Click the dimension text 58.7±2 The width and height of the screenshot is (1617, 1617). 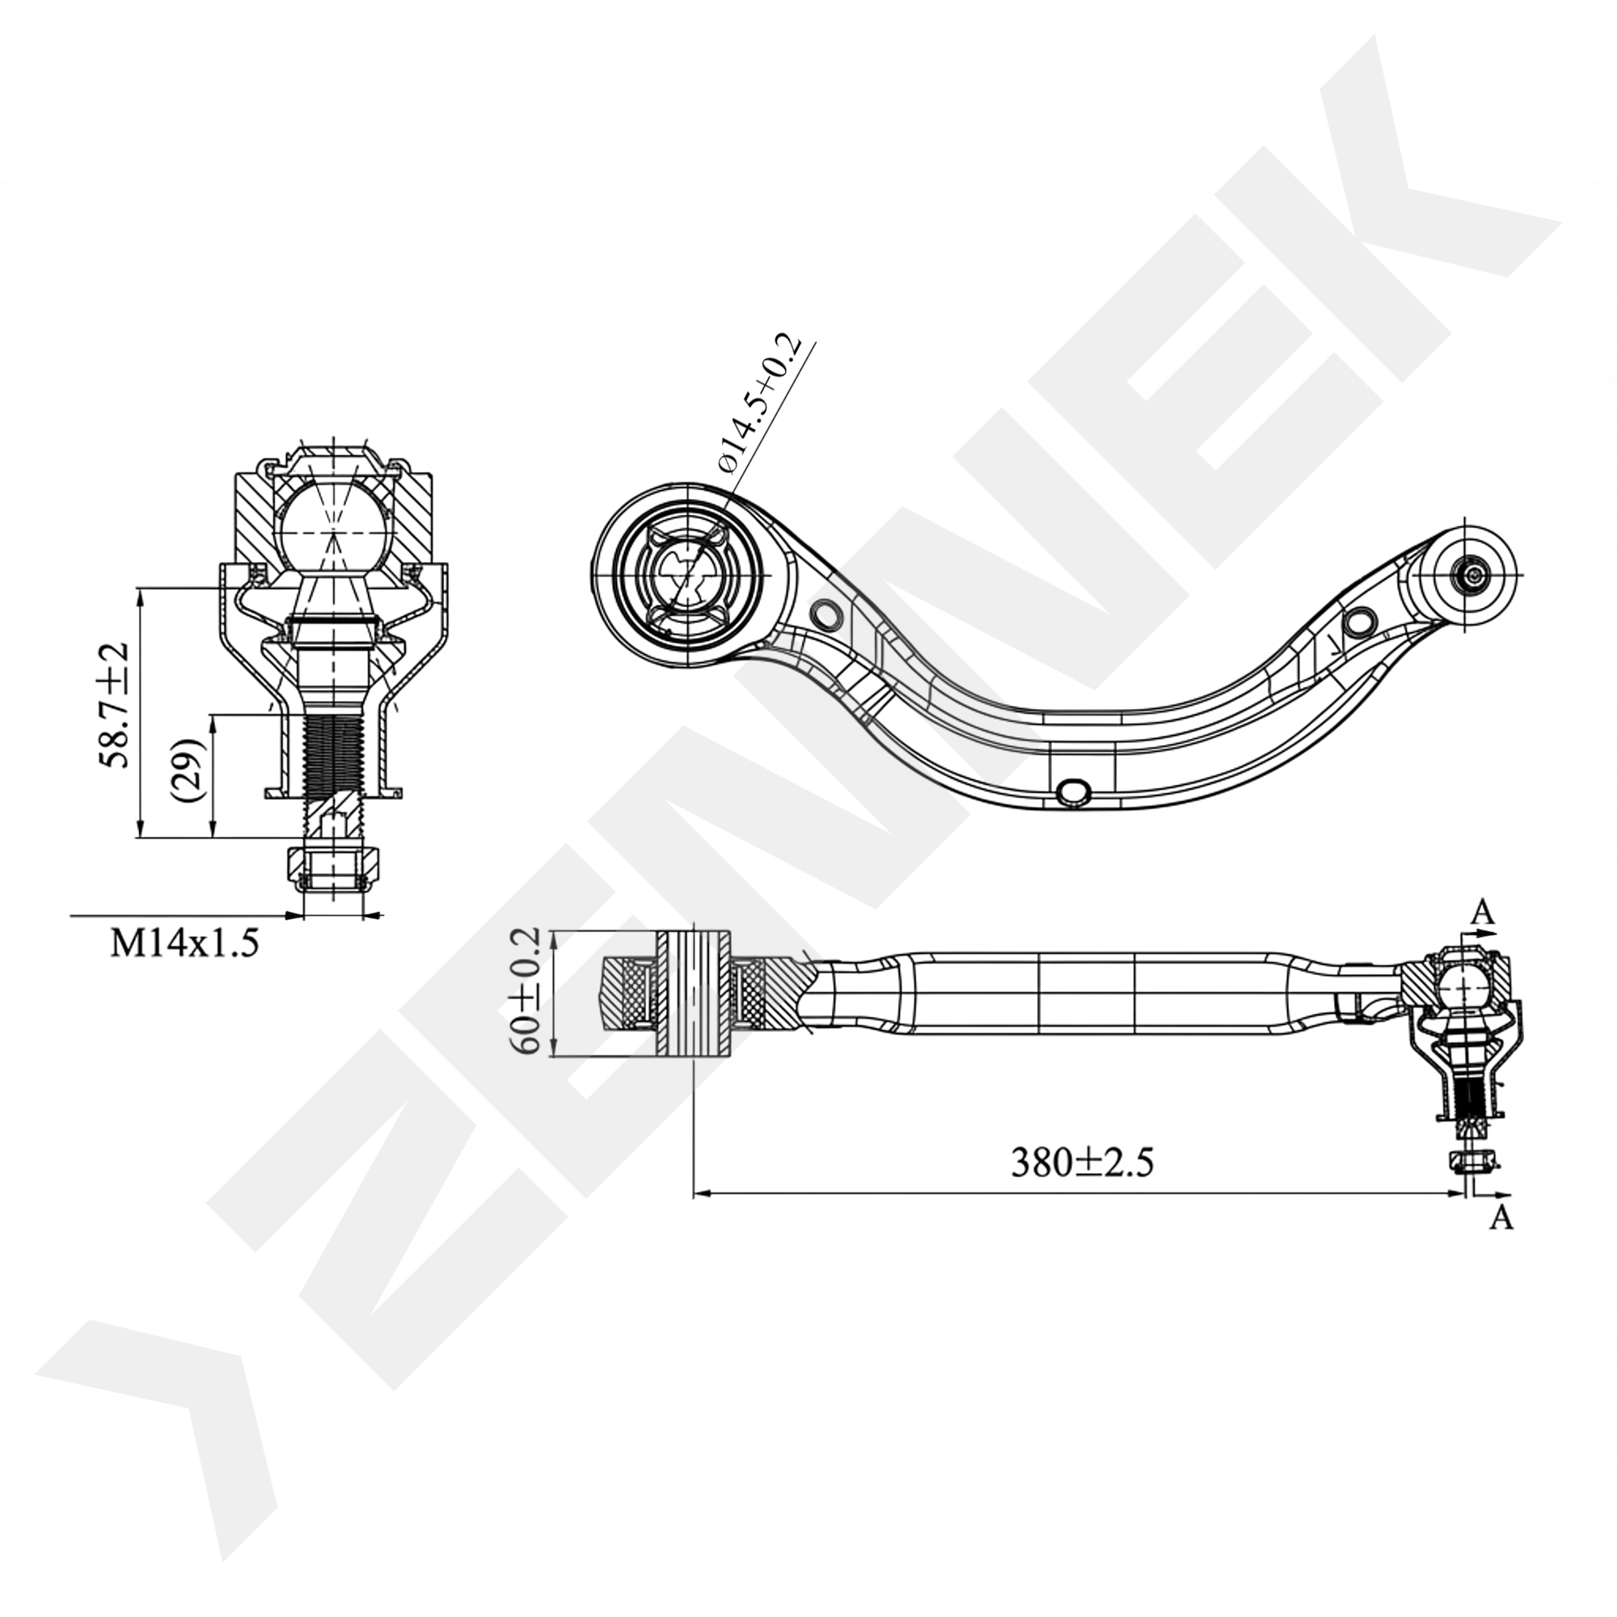116,705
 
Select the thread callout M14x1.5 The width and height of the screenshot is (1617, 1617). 186,944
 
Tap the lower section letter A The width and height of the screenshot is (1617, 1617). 1503,1218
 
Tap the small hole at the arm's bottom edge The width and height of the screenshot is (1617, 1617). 1073,790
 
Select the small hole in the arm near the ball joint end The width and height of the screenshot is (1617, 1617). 1361,621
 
